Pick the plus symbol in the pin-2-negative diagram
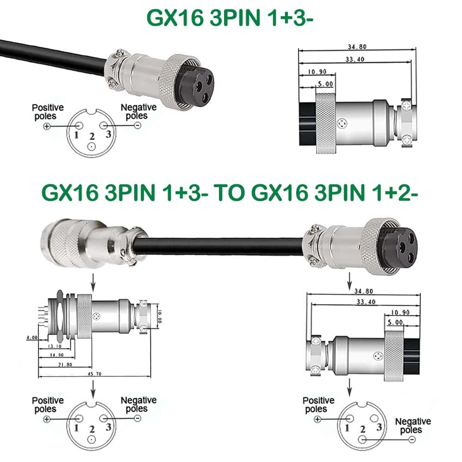(317, 419)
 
